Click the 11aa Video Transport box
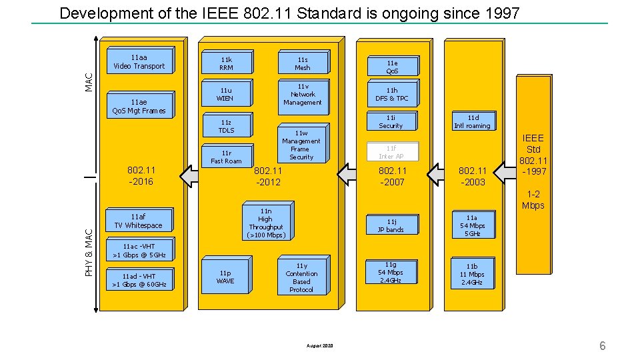point(139,62)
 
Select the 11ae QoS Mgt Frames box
point(139,106)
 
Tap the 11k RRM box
point(226,63)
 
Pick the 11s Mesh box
point(302,63)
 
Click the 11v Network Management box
point(302,95)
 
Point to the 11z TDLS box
point(226,126)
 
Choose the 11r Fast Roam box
point(226,157)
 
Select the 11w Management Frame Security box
point(301,145)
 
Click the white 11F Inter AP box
point(391,152)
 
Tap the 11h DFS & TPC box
point(391,94)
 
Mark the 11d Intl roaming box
point(472,121)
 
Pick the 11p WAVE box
point(225,277)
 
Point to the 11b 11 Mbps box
point(471,274)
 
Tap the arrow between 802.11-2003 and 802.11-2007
point(437,175)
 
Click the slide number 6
point(602,345)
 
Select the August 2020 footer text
point(319,345)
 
